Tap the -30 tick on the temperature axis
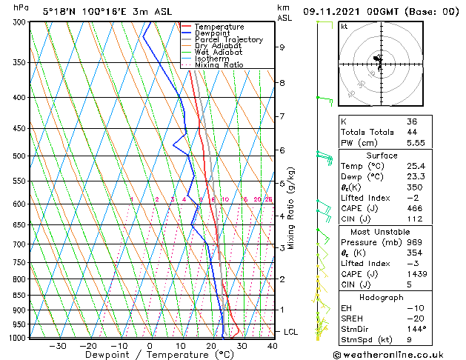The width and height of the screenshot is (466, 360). tap(58, 345)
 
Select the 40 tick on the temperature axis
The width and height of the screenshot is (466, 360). tap(272, 345)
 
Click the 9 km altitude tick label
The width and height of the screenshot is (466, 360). tap(282, 47)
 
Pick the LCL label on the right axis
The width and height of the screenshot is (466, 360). tap(290, 332)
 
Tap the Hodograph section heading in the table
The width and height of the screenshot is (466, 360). tap(382, 297)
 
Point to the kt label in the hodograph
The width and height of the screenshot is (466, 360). tap(344, 27)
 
